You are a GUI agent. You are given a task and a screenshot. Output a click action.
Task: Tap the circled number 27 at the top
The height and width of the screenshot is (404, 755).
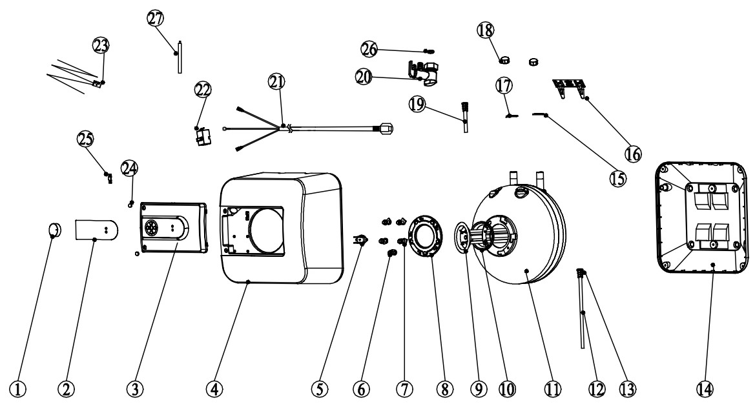(156, 19)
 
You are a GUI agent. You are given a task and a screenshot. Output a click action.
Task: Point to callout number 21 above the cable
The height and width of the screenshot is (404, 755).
(276, 81)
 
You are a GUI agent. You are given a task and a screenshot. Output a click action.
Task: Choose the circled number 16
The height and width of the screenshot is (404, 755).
(633, 152)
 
